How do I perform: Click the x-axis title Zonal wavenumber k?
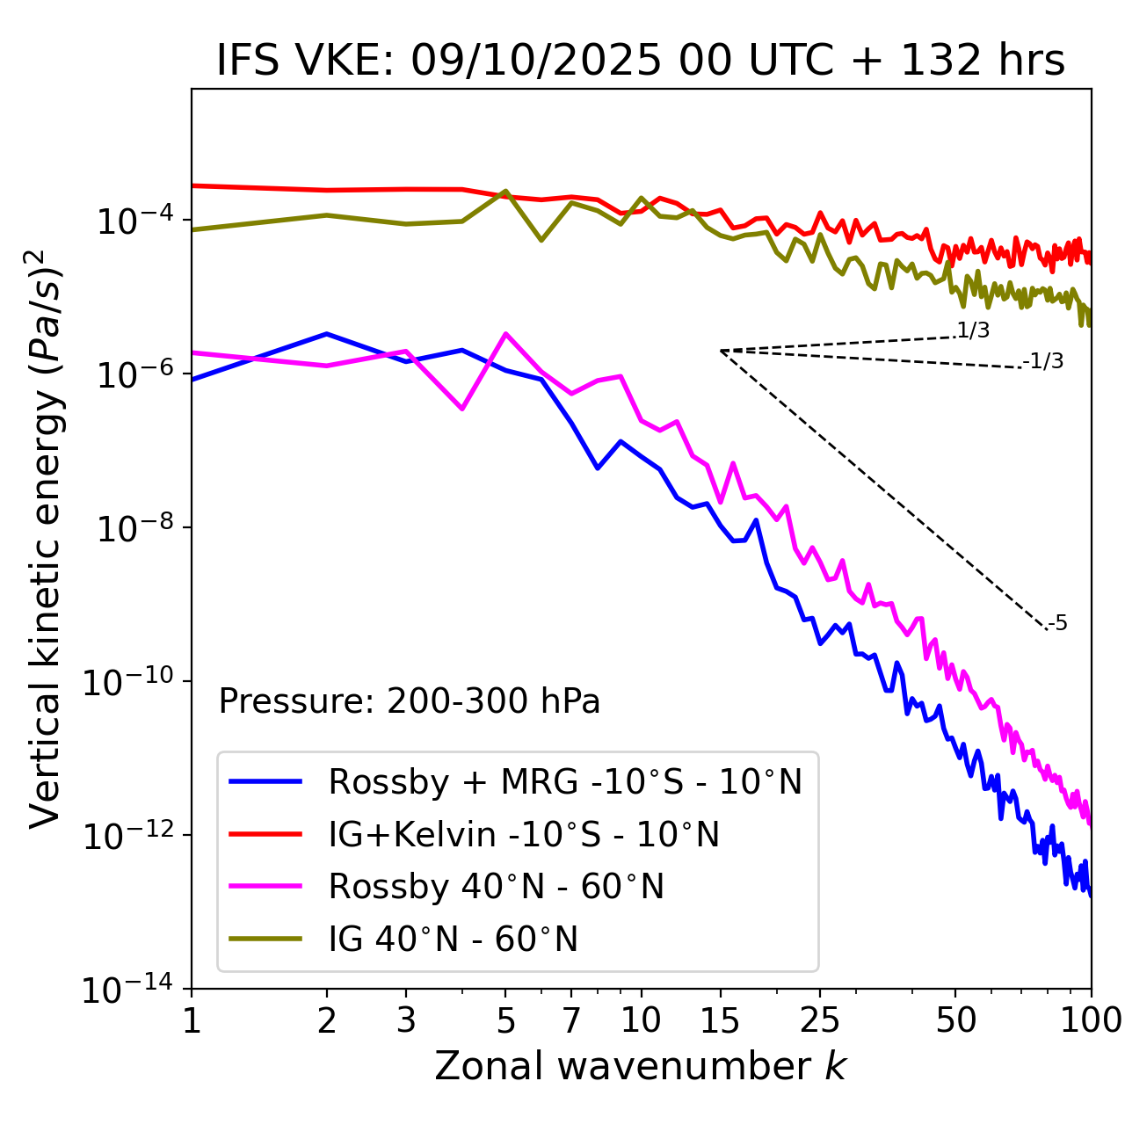point(641,1066)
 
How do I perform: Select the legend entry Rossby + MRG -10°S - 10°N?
point(565,781)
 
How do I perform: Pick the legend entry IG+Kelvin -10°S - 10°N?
point(524,834)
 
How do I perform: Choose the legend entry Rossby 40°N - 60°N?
point(496,887)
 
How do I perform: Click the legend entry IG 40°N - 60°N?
point(453,940)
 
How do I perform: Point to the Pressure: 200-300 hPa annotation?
point(409,701)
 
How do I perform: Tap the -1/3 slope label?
point(1044,361)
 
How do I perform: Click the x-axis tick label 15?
point(720,1020)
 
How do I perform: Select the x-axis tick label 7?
point(571,1020)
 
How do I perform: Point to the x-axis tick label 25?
point(820,1020)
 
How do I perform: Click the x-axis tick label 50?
point(955,1020)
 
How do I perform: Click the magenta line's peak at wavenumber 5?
point(505,333)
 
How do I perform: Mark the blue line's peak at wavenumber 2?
point(327,334)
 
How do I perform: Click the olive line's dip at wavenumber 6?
point(541,240)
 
